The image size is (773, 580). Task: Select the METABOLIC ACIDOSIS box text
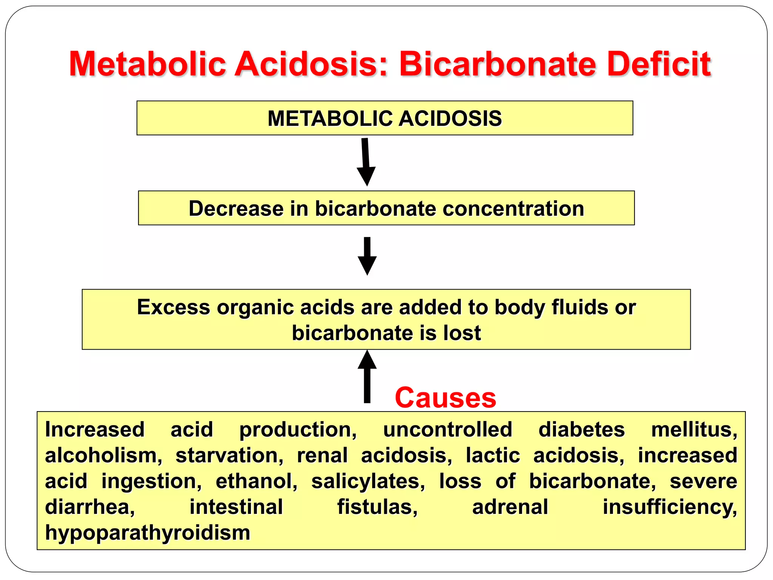(x=385, y=119)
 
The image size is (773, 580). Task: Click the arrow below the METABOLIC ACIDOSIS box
(x=365, y=162)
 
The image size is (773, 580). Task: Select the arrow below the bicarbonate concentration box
(x=367, y=256)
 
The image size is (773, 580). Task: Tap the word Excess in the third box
(x=173, y=307)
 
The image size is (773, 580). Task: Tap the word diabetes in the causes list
(x=582, y=430)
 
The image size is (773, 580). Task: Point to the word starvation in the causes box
(x=229, y=455)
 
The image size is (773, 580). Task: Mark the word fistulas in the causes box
(x=377, y=507)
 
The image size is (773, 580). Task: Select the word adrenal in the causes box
(x=510, y=507)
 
